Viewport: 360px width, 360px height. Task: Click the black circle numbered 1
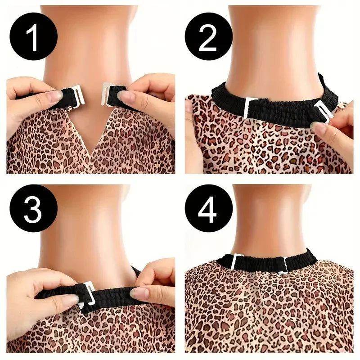tap(33, 36)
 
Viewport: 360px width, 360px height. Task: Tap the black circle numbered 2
tap(208, 36)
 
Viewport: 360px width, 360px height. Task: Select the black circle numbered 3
tap(33, 208)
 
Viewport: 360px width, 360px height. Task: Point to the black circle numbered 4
tap(208, 208)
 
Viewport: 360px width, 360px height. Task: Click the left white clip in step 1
tap(77, 96)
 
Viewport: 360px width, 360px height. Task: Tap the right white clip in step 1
tap(106, 94)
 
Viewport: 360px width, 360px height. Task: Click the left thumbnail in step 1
tap(54, 96)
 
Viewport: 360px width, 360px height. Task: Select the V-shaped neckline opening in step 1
tap(91, 129)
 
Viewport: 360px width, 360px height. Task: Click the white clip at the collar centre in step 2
tap(249, 108)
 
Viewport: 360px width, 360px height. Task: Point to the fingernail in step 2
tap(318, 127)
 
